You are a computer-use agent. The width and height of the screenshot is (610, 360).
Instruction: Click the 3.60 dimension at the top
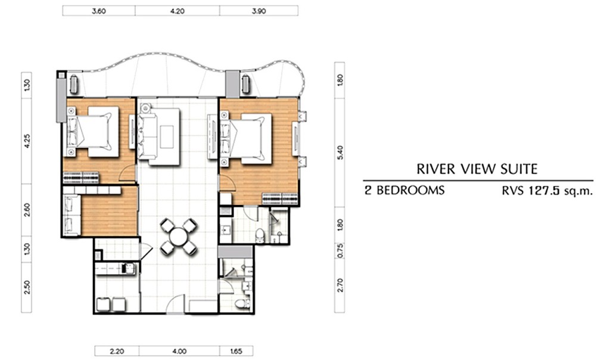coord(99,11)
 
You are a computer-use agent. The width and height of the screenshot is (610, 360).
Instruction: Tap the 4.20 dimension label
coord(178,11)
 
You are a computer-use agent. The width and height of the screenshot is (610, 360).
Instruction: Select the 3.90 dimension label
coord(259,11)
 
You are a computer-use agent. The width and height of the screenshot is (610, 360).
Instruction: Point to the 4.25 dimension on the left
coord(27,141)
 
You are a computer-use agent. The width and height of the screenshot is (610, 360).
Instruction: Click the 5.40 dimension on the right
coord(340,152)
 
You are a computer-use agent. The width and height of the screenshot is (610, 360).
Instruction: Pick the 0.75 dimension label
coord(340,250)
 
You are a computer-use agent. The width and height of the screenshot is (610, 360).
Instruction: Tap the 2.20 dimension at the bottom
coord(117,351)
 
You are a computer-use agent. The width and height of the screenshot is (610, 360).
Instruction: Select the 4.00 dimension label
coord(179,351)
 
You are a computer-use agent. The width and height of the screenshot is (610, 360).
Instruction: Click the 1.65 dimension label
coord(236,351)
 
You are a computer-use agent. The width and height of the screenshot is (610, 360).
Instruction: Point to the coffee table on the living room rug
coord(167,136)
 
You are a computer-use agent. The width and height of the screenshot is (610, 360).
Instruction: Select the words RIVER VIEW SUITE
coord(477,169)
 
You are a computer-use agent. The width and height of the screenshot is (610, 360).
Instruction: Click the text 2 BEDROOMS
coord(404,190)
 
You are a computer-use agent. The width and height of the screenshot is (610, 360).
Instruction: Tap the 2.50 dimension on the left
coord(27,287)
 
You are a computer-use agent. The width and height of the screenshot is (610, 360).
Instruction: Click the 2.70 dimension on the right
coord(340,285)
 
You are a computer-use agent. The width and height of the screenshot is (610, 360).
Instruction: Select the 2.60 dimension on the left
coord(27,210)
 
